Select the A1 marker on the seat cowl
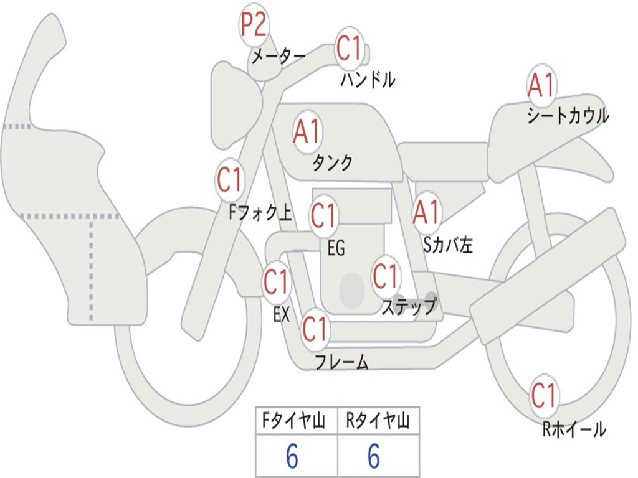click(541, 86)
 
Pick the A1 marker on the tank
click(307, 132)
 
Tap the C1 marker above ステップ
click(385, 276)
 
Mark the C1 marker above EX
click(276, 283)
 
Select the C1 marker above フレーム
click(315, 328)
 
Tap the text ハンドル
click(368, 79)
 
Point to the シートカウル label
click(568, 116)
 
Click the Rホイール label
click(574, 429)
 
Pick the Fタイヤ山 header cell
click(295, 422)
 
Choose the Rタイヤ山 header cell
click(378, 422)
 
